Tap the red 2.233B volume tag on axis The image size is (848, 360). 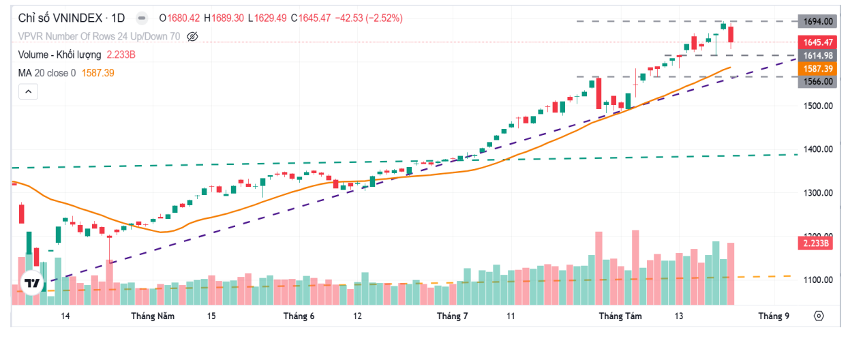click(817, 243)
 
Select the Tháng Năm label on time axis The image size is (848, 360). click(153, 316)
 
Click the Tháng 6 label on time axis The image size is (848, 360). click(299, 316)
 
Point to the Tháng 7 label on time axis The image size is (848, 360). click(452, 316)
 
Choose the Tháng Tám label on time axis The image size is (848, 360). click(620, 316)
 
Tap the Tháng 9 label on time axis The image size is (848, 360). click(773, 316)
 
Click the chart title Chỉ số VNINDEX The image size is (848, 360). click(61, 18)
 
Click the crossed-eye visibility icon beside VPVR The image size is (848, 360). click(192, 36)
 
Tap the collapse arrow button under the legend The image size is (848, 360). click(28, 91)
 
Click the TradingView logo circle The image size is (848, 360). click(31, 282)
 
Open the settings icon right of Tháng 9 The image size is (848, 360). click(819, 316)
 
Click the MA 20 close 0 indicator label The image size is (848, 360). click(47, 72)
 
